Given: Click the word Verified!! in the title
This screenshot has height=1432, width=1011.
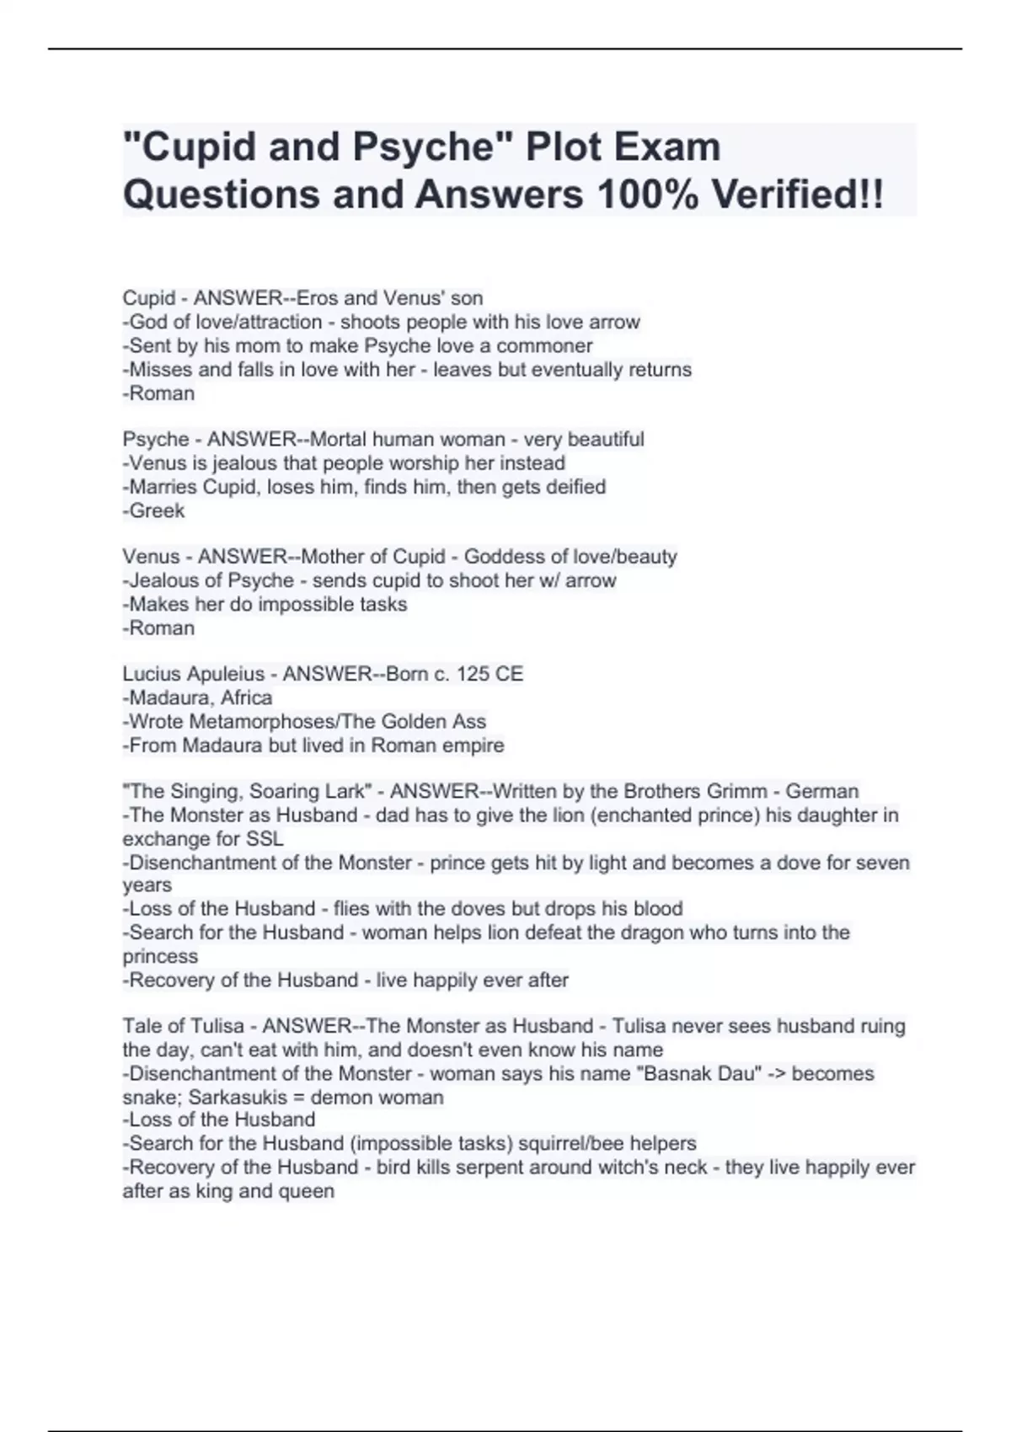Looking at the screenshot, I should (x=797, y=195).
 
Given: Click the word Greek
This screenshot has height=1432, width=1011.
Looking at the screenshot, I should (x=157, y=510).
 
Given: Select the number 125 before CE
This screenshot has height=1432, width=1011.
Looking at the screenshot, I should (x=475, y=674).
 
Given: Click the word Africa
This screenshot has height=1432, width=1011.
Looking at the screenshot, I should (x=246, y=697).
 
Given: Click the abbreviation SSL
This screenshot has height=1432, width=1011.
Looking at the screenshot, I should (x=264, y=839).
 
